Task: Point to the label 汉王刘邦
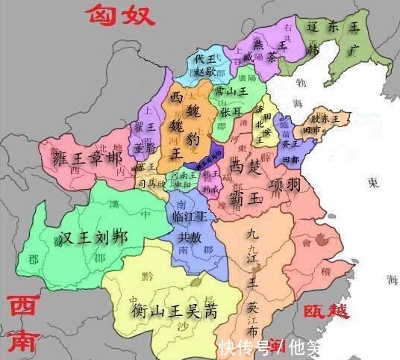[93, 238]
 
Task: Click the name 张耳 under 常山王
[231, 111]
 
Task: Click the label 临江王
[188, 217]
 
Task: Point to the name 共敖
[188, 237]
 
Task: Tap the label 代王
[204, 58]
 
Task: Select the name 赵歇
[205, 72]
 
